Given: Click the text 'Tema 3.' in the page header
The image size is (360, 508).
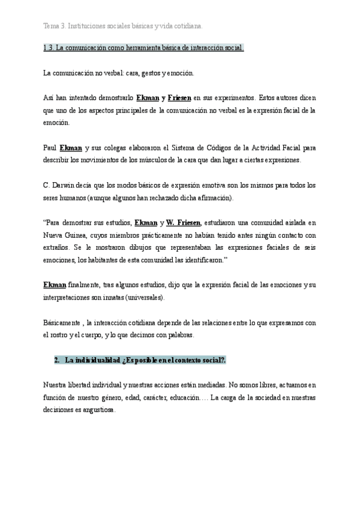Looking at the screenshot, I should [55, 26].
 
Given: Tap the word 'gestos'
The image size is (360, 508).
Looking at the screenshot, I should [154, 73].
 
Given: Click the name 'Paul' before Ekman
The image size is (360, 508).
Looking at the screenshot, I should [50, 147].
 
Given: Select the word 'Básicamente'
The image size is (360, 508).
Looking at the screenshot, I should [63, 323].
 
